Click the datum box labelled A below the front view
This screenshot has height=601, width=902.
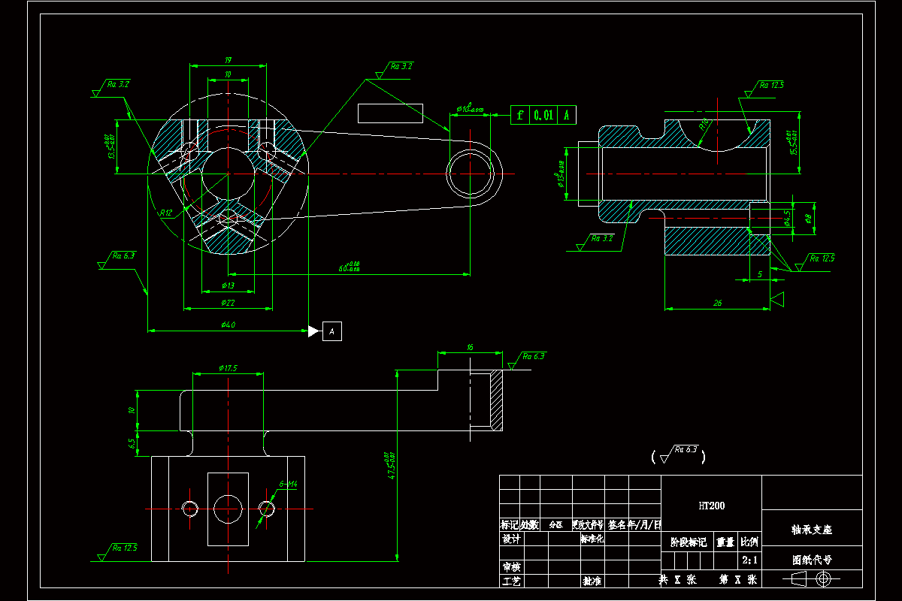coord(332,331)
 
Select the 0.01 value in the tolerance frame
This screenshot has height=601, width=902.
coord(543,115)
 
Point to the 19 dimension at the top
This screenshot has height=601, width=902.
coord(228,60)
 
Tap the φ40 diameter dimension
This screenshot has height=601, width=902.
coord(228,325)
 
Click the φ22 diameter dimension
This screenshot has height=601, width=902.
coord(228,303)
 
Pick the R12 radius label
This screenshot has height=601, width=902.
coord(166,213)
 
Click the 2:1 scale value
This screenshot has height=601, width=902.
coord(749,560)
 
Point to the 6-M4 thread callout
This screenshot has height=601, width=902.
coord(289,485)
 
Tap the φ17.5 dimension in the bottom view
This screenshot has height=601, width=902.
coord(228,368)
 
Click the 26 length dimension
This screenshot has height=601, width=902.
coord(717,303)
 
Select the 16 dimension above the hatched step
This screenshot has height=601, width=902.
coord(470,347)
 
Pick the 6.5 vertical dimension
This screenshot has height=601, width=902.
coord(132,444)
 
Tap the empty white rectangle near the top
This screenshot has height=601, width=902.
coord(390,113)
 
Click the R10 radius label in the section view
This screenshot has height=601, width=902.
coord(704,123)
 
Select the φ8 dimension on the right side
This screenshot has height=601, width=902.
coord(808,219)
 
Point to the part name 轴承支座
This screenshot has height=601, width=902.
coord(812,530)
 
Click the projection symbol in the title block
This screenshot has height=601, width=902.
coord(812,578)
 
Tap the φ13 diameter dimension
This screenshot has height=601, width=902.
coord(228,285)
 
